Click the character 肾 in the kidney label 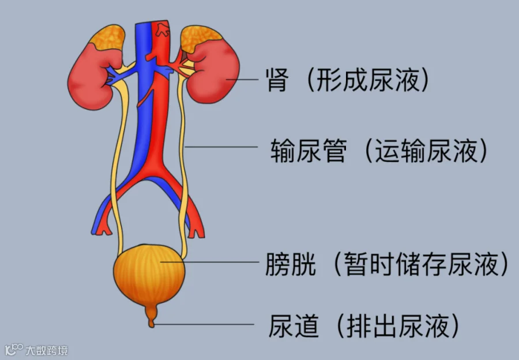point(275,81)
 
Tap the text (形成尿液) point(368,81)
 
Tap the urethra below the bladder point(151,316)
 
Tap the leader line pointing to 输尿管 point(222,147)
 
